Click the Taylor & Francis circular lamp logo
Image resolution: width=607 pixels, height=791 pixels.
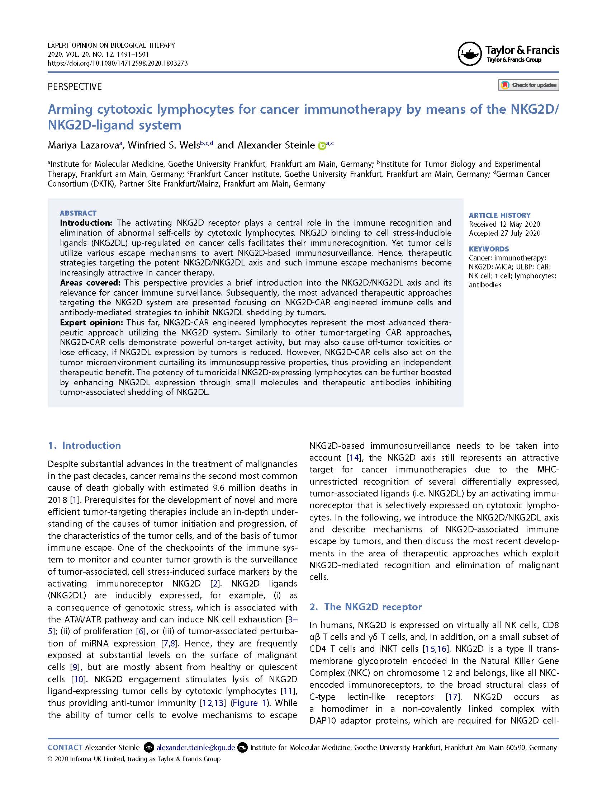pyautogui.click(x=470, y=54)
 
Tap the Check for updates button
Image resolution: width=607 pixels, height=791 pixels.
pyautogui.click(x=528, y=85)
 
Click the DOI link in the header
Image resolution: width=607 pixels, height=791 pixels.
pyautogui.click(x=118, y=63)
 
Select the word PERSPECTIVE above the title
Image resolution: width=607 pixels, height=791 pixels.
pyautogui.click(x=75, y=87)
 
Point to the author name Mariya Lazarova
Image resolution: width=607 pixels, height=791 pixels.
pyautogui.click(x=83, y=145)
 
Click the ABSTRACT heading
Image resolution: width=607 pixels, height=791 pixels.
pyautogui.click(x=78, y=213)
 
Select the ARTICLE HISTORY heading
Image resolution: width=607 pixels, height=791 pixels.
pyautogui.click(x=499, y=215)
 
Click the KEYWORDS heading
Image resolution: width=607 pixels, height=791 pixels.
pyautogui.click(x=488, y=249)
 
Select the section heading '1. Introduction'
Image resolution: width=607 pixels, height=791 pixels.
pyautogui.click(x=84, y=446)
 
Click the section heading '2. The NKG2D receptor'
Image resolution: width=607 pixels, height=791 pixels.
pyautogui.click(x=365, y=607)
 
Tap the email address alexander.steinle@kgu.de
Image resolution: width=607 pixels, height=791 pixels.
pyautogui.click(x=195, y=747)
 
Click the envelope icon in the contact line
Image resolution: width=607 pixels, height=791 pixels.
pyautogui.click(x=148, y=747)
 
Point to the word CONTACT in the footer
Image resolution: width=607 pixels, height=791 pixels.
pyautogui.click(x=65, y=747)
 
